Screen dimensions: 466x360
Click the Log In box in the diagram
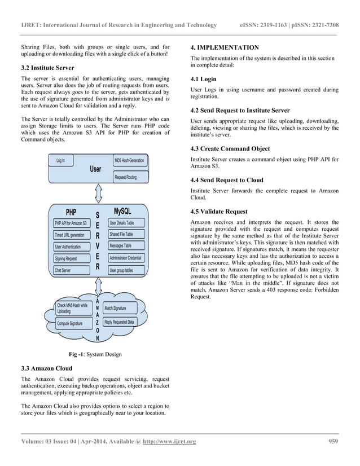(60, 161)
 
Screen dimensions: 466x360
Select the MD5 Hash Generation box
(129, 161)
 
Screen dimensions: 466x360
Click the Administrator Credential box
(126, 258)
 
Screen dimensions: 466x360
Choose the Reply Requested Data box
(120, 322)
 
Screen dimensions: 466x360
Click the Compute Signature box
(70, 323)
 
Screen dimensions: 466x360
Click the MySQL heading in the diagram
(122, 211)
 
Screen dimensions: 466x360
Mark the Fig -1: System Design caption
(95, 354)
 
